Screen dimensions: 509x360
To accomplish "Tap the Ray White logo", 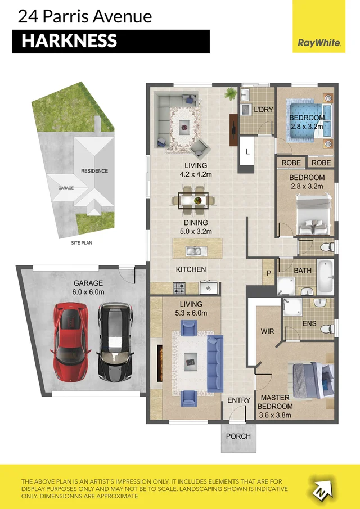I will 318,43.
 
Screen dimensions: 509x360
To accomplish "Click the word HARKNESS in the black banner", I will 69,41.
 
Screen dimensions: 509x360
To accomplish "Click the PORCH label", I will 238,436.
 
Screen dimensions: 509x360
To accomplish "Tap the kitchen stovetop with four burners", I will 179,289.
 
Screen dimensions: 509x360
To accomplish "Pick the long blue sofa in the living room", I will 215,363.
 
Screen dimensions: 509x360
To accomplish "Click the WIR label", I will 267,331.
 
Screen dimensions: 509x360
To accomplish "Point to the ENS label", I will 310,324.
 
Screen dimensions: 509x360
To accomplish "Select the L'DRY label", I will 263,109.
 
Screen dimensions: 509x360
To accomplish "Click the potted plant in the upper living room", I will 230,93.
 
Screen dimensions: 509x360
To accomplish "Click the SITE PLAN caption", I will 81,243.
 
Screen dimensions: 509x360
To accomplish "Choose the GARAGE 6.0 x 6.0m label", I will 88,287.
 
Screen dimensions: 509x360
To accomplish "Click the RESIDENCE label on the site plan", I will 94,171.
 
